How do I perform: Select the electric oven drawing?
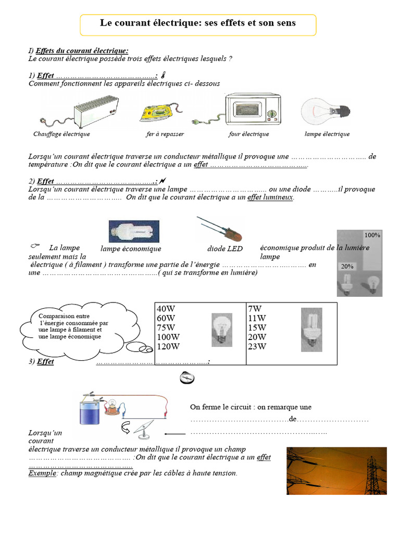(x=252, y=110)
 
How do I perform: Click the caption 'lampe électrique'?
(x=327, y=134)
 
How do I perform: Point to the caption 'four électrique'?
(x=248, y=134)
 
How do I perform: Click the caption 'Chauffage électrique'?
(x=61, y=134)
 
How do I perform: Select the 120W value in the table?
(x=168, y=346)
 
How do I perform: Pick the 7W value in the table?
(x=255, y=309)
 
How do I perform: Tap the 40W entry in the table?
(x=166, y=309)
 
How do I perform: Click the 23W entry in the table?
(x=258, y=346)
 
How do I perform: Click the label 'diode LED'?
(x=225, y=249)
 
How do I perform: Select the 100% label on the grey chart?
(x=372, y=235)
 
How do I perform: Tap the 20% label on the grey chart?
(x=347, y=266)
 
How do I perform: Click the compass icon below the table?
(x=186, y=378)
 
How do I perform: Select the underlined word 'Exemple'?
(x=42, y=474)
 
